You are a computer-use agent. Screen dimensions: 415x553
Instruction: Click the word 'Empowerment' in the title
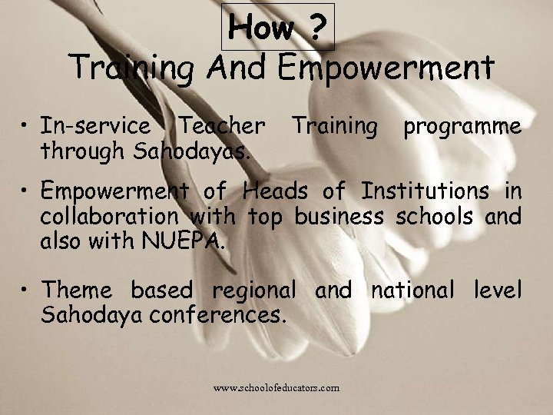386,68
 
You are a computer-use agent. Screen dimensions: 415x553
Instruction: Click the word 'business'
339,216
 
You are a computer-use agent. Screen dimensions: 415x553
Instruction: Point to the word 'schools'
435,216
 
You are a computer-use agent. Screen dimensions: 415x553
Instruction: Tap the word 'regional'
253,291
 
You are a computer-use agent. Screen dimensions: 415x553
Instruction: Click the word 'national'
413,290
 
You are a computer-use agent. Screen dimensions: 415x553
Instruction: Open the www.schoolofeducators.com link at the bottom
276,388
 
